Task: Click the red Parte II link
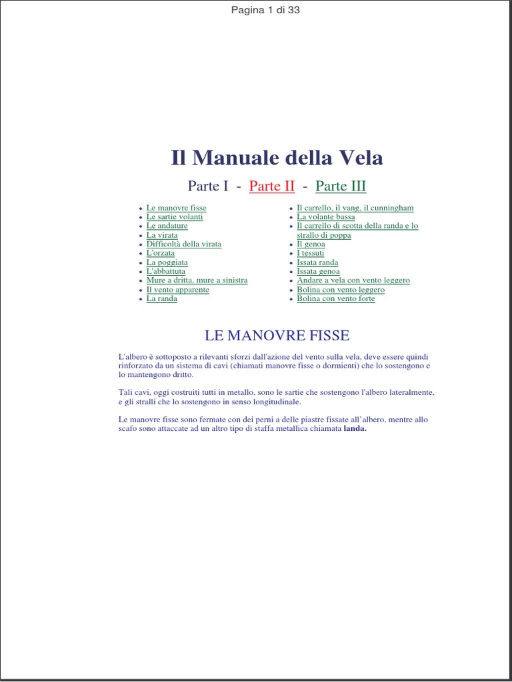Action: (271, 186)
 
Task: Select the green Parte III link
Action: (340, 186)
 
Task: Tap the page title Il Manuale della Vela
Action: (277, 158)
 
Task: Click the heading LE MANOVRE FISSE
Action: (277, 335)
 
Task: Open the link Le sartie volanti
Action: (175, 217)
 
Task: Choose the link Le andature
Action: (167, 226)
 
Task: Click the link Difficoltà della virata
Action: (184, 244)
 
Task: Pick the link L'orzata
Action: (161, 253)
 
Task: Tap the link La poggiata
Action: (167, 262)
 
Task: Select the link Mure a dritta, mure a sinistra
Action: (197, 280)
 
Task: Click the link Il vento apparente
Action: (178, 290)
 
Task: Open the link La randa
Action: (162, 298)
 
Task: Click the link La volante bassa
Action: (326, 217)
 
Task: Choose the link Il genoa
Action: (311, 244)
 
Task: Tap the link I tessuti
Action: (311, 253)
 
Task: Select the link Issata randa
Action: (317, 262)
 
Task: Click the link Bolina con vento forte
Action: (336, 298)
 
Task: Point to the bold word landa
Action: (355, 429)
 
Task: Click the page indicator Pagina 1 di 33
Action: (265, 10)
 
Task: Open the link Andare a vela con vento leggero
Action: (353, 280)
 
